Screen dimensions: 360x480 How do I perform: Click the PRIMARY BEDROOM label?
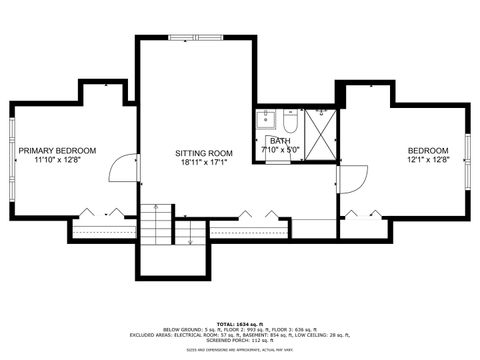(64, 150)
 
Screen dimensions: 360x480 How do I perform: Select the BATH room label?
(279, 141)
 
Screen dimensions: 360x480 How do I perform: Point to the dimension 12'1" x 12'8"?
(429, 159)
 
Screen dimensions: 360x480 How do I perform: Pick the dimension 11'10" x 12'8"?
(62, 159)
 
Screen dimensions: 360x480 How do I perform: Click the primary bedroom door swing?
(124, 167)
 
